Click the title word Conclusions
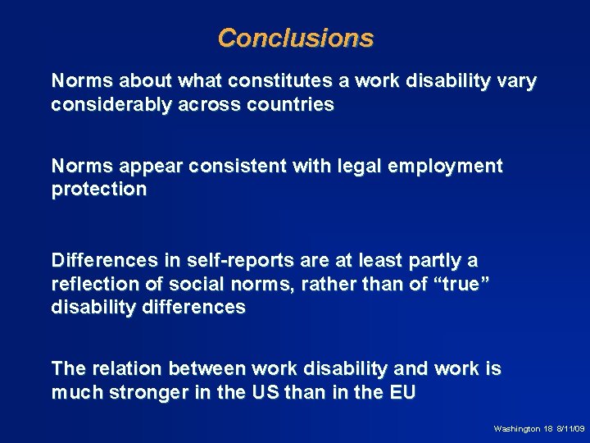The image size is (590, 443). click(295, 39)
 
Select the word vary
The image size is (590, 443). click(517, 82)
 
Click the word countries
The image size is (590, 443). click(293, 105)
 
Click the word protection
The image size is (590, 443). click(98, 190)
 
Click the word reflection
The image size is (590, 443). click(94, 284)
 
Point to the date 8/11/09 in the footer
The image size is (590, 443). click(570, 429)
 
